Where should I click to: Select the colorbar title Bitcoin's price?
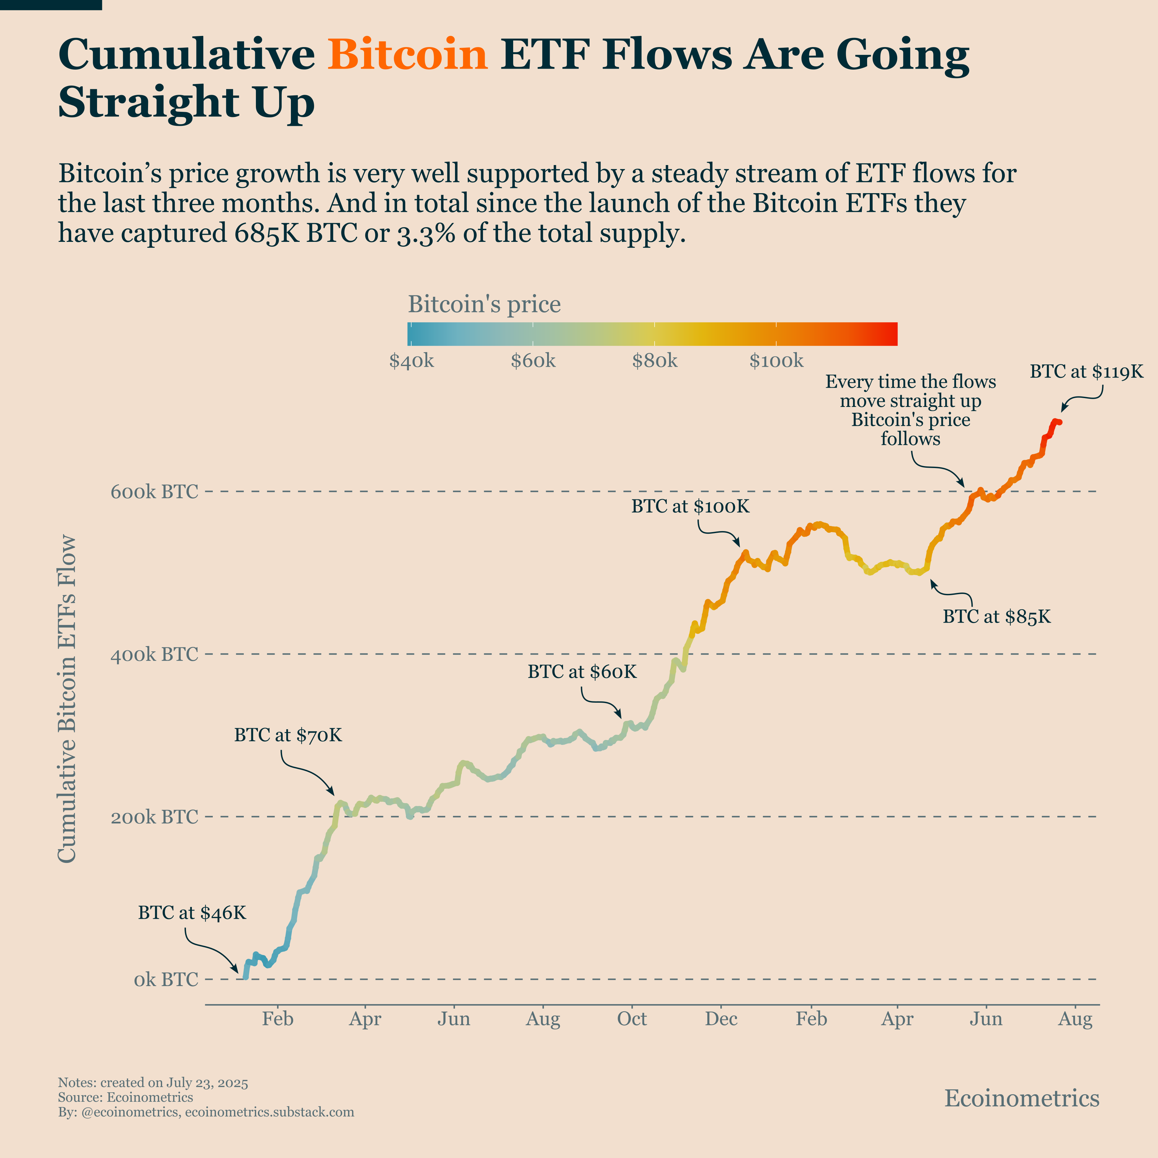pyautogui.click(x=484, y=305)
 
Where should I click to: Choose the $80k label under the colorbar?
pyautogui.click(x=655, y=361)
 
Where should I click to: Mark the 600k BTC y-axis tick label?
pyautogui.click(x=154, y=492)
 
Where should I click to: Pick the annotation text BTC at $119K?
pyautogui.click(x=1086, y=372)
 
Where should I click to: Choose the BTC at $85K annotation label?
pyautogui.click(x=997, y=617)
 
